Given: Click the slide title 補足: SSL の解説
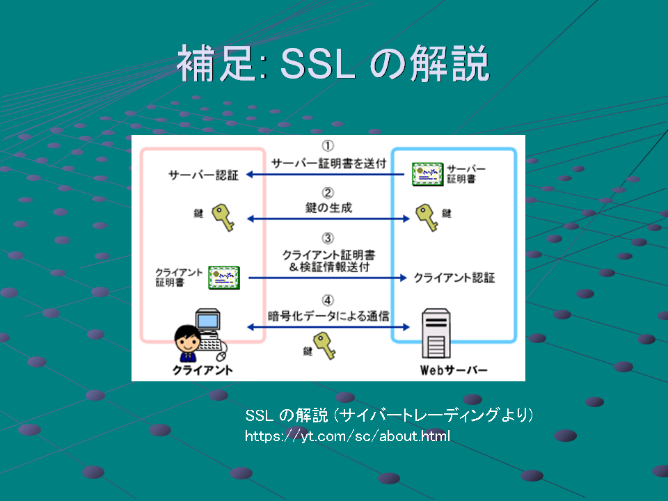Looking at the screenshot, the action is click(x=333, y=63).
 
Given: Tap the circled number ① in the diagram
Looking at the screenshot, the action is click(x=328, y=146).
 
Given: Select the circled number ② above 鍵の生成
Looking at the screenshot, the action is click(x=328, y=193).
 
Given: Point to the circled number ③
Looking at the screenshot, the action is click(x=328, y=238).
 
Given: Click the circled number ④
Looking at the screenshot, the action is click(x=328, y=301).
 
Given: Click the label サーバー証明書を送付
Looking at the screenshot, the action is click(x=328, y=163).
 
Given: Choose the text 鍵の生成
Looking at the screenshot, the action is click(x=328, y=207).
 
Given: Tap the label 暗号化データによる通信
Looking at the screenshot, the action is click(x=328, y=316).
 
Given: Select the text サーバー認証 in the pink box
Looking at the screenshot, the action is click(x=203, y=175).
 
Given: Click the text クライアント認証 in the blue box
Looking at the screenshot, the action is click(x=454, y=278).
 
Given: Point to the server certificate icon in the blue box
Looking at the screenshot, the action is click(x=427, y=174).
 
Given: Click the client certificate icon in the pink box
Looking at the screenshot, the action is click(x=224, y=278).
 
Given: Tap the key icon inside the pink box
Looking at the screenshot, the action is click(x=223, y=217).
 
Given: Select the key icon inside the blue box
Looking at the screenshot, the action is click(x=427, y=217).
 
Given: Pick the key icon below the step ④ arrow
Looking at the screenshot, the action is click(x=325, y=346).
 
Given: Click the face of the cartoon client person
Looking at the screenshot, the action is click(x=187, y=339).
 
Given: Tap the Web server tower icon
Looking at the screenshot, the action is click(x=436, y=333).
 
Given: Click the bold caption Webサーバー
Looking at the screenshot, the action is click(x=454, y=370).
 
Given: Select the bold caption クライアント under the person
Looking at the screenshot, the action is click(x=202, y=370).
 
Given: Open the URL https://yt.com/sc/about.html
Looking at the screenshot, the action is click(x=347, y=436).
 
